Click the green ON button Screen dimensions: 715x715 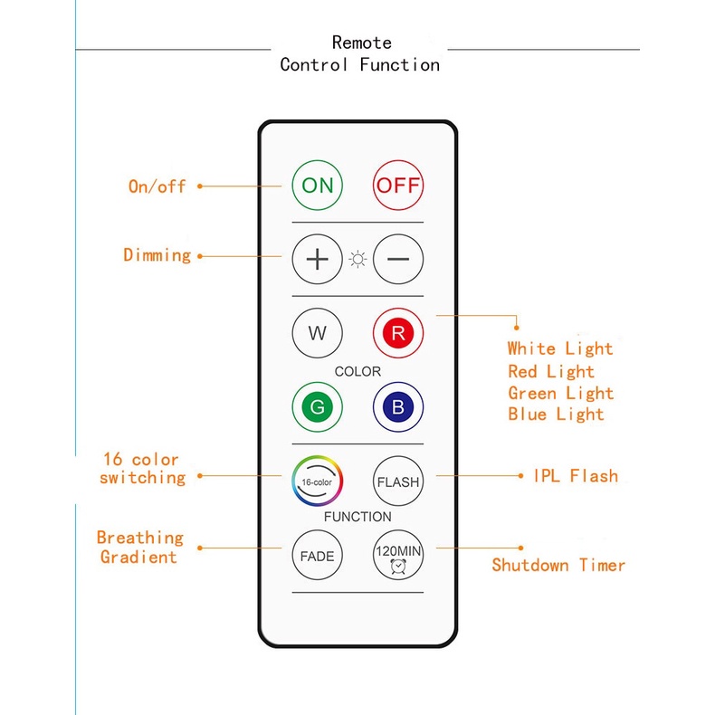pyautogui.click(x=318, y=186)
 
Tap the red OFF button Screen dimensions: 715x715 pyautogui.click(x=398, y=186)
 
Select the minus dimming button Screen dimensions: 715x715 pyautogui.click(x=398, y=259)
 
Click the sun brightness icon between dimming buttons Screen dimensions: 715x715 pyautogui.click(x=358, y=260)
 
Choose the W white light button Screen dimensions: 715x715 pyautogui.click(x=318, y=332)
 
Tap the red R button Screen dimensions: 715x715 pyautogui.click(x=398, y=332)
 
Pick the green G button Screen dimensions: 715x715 pyautogui.click(x=318, y=407)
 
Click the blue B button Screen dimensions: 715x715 pyautogui.click(x=398, y=407)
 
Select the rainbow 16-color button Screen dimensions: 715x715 pyautogui.click(x=318, y=481)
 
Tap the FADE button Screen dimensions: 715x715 pyautogui.click(x=318, y=556)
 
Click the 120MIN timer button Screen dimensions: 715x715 pyautogui.click(x=398, y=556)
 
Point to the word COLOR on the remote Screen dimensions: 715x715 pyautogui.click(x=357, y=371)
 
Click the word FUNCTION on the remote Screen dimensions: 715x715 pyautogui.click(x=357, y=517)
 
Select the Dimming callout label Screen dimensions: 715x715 pyautogui.click(x=157, y=255)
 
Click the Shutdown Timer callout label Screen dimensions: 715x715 pyautogui.click(x=558, y=565)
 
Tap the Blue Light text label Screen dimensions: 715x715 pyautogui.click(x=556, y=415)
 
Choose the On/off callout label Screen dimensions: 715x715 pyautogui.click(x=157, y=186)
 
